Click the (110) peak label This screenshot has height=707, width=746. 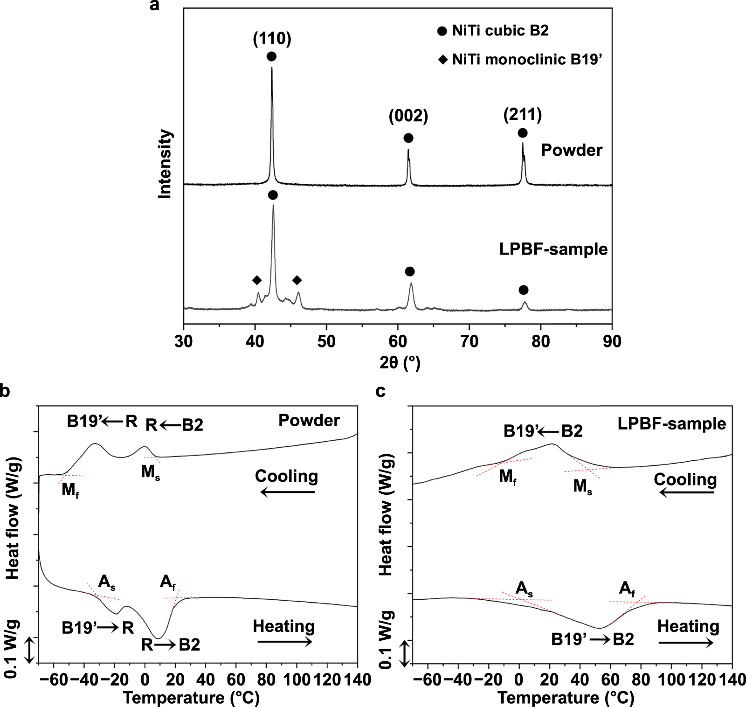pos(272,38)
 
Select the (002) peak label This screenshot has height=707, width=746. pos(408,116)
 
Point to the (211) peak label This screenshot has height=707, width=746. pos(522,114)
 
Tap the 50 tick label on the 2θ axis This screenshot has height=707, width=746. pos(326,341)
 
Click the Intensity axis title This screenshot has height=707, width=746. pos(165,164)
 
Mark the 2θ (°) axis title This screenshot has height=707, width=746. pos(400,362)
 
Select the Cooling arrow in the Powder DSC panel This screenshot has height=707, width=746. pos(287,492)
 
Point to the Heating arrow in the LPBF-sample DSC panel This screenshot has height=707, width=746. pos(685,643)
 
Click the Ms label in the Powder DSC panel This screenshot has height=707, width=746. pos(151,472)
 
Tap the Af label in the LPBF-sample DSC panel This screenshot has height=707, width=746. pos(627,589)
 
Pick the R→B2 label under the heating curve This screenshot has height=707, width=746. pos(171,645)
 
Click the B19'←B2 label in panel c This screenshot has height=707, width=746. pos(543,431)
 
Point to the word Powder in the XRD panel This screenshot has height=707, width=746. pos(571,150)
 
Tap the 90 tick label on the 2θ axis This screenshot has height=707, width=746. pos(612,341)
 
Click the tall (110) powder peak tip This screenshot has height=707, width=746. pos(272,68)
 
